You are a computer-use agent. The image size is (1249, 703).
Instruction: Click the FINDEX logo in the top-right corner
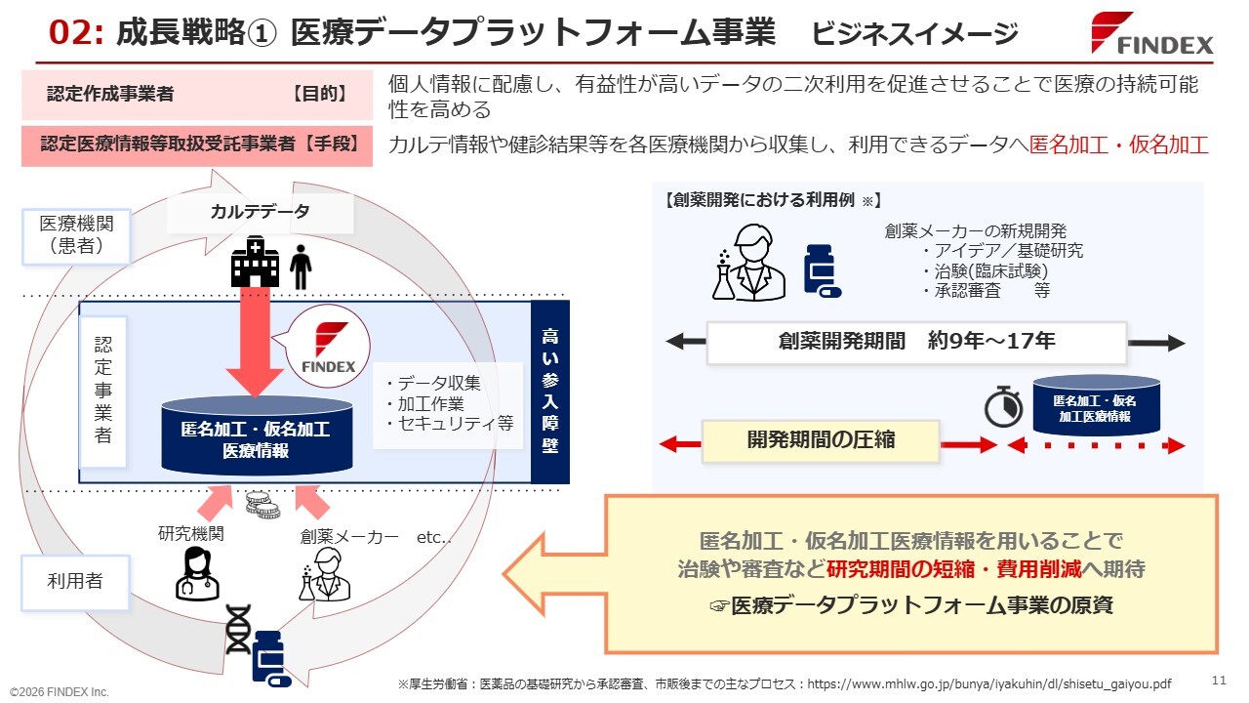(x=1152, y=34)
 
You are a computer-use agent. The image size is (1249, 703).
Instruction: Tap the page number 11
(x=1218, y=680)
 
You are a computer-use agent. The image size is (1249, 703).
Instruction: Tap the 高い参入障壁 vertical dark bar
(x=549, y=393)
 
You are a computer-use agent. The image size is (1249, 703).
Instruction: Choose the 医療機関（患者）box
(x=77, y=236)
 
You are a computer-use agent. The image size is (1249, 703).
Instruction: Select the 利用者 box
(x=75, y=581)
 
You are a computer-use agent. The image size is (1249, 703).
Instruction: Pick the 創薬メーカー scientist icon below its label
(x=324, y=573)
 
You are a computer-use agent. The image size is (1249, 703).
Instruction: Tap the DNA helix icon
(x=237, y=630)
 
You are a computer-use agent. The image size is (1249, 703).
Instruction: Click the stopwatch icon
(x=1002, y=406)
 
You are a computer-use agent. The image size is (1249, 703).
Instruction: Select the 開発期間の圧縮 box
(x=821, y=440)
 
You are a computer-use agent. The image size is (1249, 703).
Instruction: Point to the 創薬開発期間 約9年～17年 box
(x=916, y=343)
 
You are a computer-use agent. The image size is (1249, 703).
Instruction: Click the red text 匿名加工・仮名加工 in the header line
(x=1118, y=145)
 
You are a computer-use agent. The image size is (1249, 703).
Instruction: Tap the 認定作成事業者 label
(x=110, y=95)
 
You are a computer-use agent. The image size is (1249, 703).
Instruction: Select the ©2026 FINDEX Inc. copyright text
(x=60, y=691)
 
